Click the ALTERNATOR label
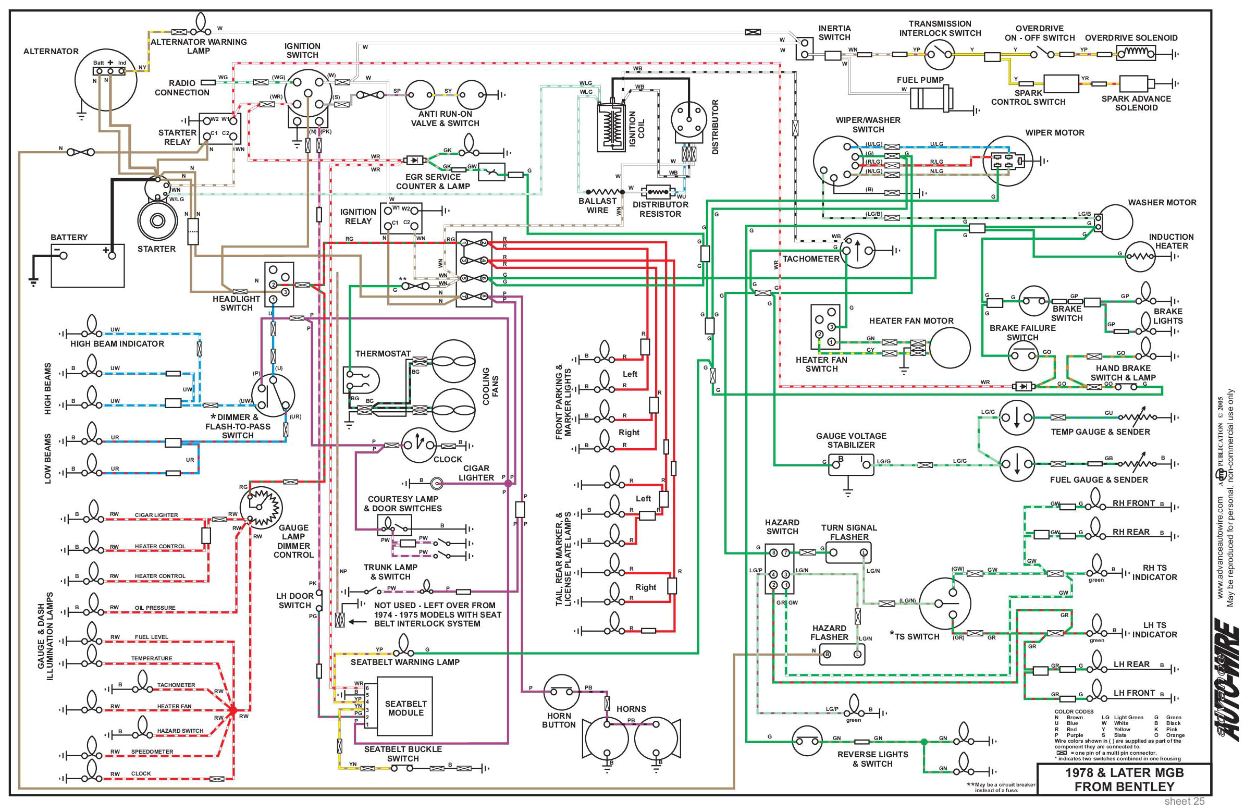coord(51,51)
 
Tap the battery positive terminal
coord(112,256)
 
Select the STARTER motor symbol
coord(157,220)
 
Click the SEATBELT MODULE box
coord(405,708)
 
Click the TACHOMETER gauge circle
coord(857,251)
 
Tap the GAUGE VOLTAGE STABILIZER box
coord(851,464)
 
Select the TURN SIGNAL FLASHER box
coord(848,552)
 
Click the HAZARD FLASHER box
coord(842,654)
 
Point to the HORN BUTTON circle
coord(561,692)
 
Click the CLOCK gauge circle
coord(418,446)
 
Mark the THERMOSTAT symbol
coord(361,380)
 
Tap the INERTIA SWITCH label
coord(834,33)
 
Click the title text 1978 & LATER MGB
coord(1124,772)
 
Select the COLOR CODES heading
coord(1074,711)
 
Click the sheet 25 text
coord(1185,801)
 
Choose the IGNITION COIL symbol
coord(611,127)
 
